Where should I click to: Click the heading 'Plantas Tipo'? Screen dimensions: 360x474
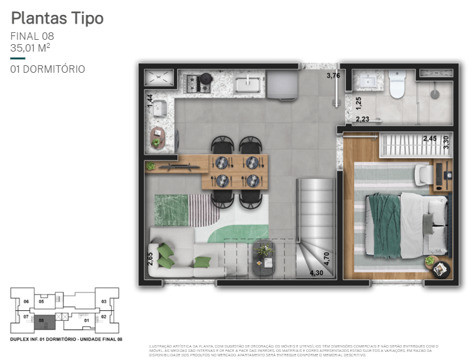(57, 18)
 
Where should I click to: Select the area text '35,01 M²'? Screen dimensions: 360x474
(30, 47)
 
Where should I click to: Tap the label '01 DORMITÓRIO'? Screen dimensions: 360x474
(48, 69)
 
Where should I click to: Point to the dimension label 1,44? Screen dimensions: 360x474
(150, 101)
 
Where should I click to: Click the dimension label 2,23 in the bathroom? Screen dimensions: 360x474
(363, 119)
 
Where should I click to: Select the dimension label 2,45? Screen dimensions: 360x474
(429, 139)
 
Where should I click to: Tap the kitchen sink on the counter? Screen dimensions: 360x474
(251, 83)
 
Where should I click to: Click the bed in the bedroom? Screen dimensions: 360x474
(407, 224)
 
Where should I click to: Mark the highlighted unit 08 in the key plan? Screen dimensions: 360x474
(41, 321)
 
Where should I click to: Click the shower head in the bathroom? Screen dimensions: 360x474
(435, 95)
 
